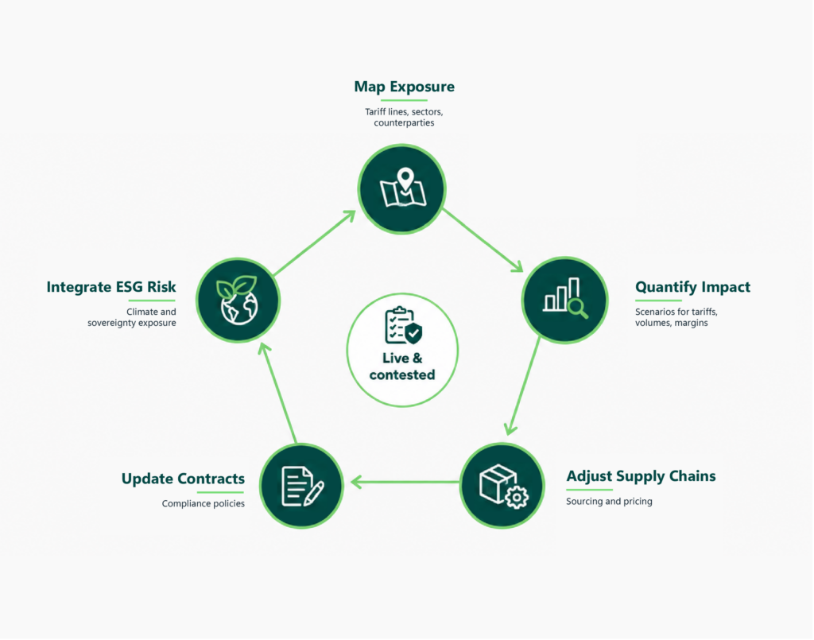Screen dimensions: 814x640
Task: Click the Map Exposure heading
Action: pyautogui.click(x=404, y=87)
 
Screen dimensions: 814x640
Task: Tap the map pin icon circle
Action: pyautogui.click(x=401, y=189)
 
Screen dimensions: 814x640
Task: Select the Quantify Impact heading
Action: pyautogui.click(x=692, y=287)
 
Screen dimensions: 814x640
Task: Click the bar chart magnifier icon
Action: pyautogui.click(x=565, y=298)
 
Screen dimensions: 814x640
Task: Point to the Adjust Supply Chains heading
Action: pyautogui.click(x=641, y=476)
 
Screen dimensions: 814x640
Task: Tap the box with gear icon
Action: pyautogui.click(x=503, y=486)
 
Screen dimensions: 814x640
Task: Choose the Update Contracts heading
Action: pyautogui.click(x=183, y=479)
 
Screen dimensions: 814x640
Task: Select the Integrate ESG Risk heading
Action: pyautogui.click(x=111, y=287)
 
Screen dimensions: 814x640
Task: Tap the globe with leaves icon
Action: pyautogui.click(x=238, y=300)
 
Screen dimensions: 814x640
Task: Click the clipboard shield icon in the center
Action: pyautogui.click(x=403, y=325)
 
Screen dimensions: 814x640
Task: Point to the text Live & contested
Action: pyautogui.click(x=402, y=367)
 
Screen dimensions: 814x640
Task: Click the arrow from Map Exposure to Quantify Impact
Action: pyautogui.click(x=483, y=240)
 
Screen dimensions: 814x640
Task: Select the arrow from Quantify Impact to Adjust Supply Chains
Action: pyautogui.click(x=523, y=386)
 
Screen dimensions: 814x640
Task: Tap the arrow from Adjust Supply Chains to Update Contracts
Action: pyautogui.click(x=405, y=483)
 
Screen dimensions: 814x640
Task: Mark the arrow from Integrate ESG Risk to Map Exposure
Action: pyautogui.click(x=315, y=242)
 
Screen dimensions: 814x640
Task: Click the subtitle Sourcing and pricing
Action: pyautogui.click(x=609, y=502)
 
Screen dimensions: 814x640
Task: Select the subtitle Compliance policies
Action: pyautogui.click(x=203, y=503)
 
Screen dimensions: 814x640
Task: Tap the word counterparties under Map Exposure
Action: pyautogui.click(x=404, y=123)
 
